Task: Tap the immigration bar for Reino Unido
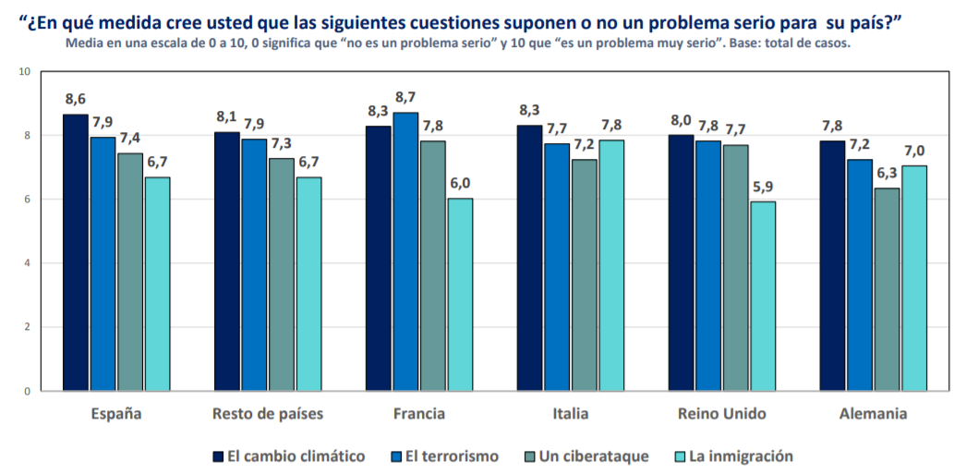762,296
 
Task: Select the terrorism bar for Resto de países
254,264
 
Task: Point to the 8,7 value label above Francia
405,97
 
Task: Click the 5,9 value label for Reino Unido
762,186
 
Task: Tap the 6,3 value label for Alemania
888,173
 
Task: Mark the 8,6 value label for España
76,99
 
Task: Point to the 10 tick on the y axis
23,72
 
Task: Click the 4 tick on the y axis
27,263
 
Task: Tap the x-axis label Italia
570,413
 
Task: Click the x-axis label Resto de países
268,413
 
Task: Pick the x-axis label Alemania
873,413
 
